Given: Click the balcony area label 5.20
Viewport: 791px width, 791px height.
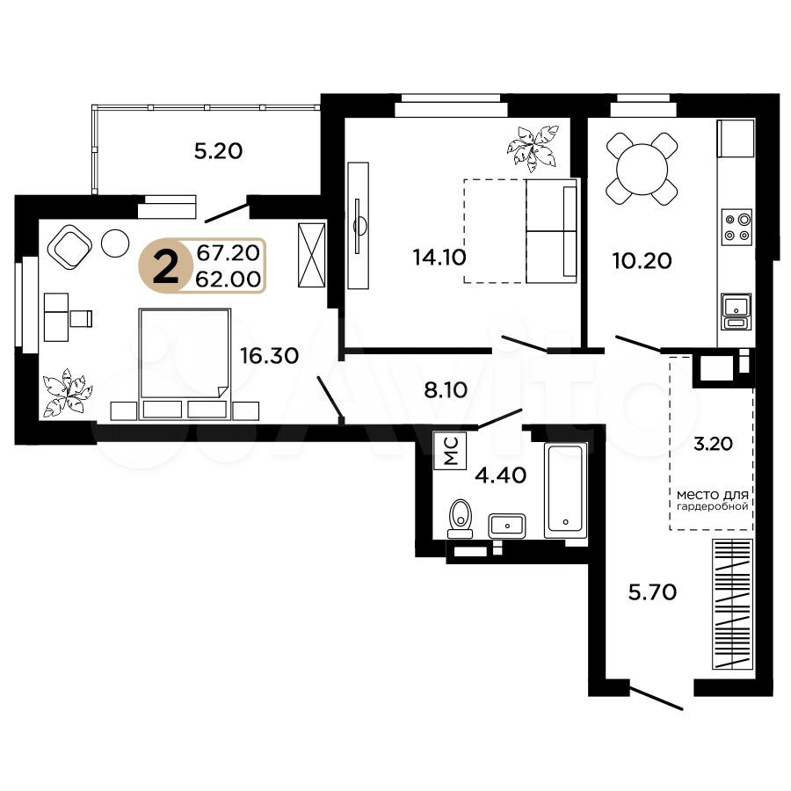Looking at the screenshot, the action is [x=219, y=151].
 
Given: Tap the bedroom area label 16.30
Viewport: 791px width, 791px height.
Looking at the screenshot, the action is [x=270, y=356].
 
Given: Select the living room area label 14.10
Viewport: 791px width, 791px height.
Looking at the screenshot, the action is [x=439, y=258].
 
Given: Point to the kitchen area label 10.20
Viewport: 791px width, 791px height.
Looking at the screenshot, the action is [x=642, y=261].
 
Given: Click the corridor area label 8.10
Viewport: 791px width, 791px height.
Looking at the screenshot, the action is [x=446, y=390].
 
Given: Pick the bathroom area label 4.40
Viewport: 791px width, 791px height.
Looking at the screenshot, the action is [x=501, y=475].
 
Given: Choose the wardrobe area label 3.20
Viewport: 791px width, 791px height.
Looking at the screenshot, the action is [x=713, y=444].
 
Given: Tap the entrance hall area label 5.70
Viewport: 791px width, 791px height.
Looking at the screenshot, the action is [x=652, y=591].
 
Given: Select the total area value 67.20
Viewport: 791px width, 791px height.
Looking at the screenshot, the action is [x=228, y=253].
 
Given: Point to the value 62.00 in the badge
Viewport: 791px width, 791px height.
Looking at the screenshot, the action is [x=228, y=279].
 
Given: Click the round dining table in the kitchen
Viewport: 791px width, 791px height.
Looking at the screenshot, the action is [x=642, y=169].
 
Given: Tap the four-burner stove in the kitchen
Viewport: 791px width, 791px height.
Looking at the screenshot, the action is [x=737, y=227].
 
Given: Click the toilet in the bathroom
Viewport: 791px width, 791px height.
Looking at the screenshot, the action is [x=460, y=519].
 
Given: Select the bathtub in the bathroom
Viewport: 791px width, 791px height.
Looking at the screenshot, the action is [x=565, y=491].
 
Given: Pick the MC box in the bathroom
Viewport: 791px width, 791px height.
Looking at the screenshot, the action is [x=450, y=451].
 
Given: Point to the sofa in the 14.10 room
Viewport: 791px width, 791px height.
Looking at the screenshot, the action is [x=551, y=230].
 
